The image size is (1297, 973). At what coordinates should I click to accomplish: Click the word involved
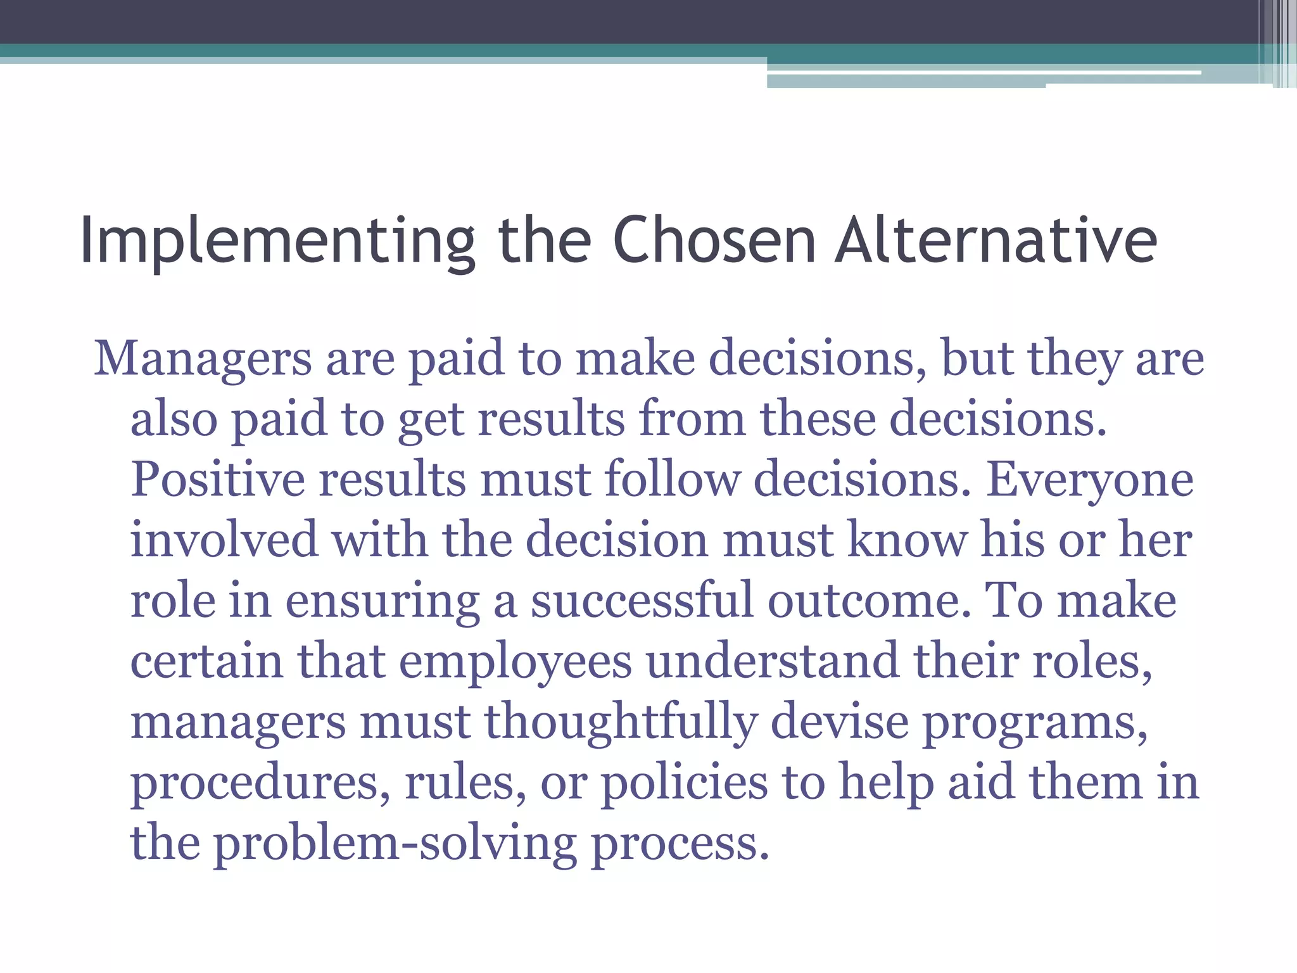tap(224, 540)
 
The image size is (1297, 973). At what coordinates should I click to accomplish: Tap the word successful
tap(642, 601)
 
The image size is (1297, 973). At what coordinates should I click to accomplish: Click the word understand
tap(772, 661)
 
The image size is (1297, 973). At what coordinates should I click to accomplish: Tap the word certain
tap(206, 661)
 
